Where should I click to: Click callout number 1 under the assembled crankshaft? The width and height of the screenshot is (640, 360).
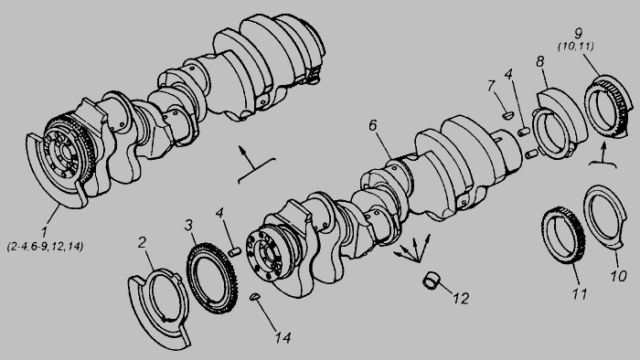44,232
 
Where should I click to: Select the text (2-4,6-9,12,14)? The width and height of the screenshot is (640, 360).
46,247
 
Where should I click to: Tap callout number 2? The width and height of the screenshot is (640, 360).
142,242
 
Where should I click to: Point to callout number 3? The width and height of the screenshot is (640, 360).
188,225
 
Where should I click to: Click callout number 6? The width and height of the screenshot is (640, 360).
373,125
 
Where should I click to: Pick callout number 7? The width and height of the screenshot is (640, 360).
491,86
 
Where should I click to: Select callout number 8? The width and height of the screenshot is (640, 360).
540,61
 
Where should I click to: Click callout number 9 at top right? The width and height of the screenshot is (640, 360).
578,33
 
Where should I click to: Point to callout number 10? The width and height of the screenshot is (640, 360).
618,276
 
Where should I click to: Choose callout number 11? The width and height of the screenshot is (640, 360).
580,293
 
